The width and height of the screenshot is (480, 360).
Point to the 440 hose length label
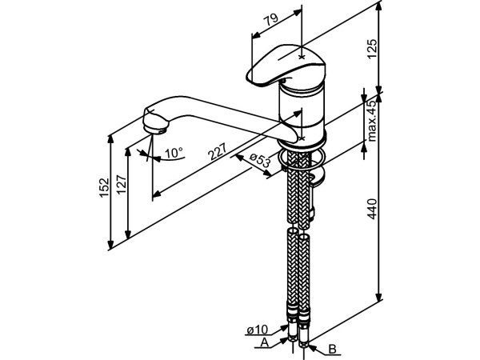pyautogui.click(x=393, y=210)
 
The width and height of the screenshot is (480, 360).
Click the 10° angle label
pyautogui.click(x=173, y=152)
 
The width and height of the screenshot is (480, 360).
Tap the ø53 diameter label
pyautogui.click(x=258, y=162)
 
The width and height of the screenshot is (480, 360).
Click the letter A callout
pyautogui.click(x=265, y=342)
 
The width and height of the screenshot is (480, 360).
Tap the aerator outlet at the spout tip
pyautogui.click(x=155, y=125)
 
